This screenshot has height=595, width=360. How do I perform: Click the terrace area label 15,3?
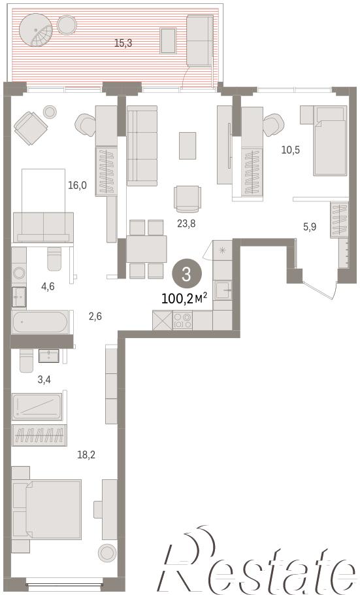[123, 43]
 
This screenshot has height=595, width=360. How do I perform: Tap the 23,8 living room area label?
[186, 224]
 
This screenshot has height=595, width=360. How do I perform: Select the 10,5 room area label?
[291, 150]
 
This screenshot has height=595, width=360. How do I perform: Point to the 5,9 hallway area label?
[310, 227]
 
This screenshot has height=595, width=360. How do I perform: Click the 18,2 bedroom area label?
[86, 454]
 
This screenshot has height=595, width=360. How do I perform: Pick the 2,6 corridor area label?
[95, 316]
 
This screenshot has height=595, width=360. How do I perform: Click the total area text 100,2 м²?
[184, 298]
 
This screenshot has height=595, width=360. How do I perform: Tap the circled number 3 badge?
[186, 274]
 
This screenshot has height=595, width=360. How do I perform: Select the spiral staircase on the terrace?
[36, 30]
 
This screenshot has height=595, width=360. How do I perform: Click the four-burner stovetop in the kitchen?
[182, 320]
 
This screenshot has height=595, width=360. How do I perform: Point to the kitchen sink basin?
[222, 290]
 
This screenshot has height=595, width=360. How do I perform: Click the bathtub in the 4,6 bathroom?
[40, 322]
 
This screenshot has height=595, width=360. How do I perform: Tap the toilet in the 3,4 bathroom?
[27, 360]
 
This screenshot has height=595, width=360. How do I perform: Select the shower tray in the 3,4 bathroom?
[37, 407]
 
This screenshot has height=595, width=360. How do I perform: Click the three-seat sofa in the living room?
[142, 146]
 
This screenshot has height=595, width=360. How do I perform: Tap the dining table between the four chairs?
[146, 249]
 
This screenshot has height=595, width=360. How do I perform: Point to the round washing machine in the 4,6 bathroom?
[18, 272]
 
